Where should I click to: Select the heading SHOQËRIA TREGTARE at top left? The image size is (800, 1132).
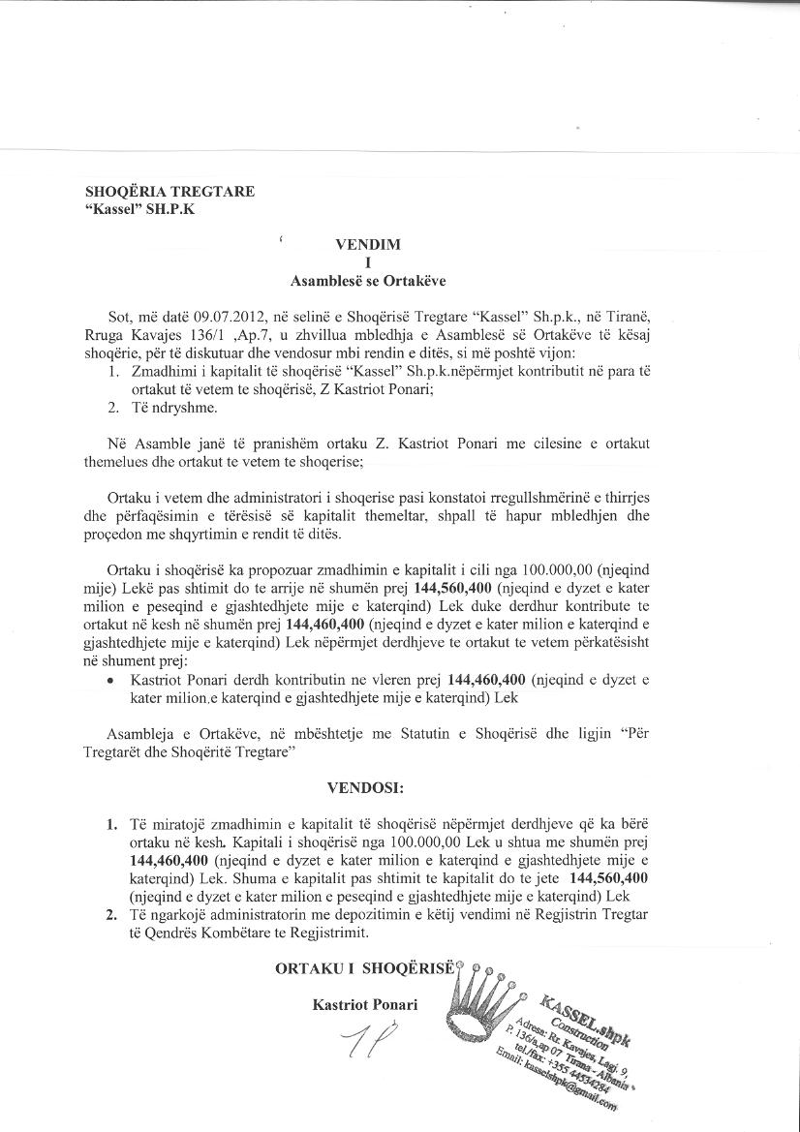[x=169, y=192]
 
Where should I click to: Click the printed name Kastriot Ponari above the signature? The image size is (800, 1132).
[x=365, y=1005]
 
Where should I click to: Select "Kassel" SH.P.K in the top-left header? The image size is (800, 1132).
[x=139, y=209]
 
